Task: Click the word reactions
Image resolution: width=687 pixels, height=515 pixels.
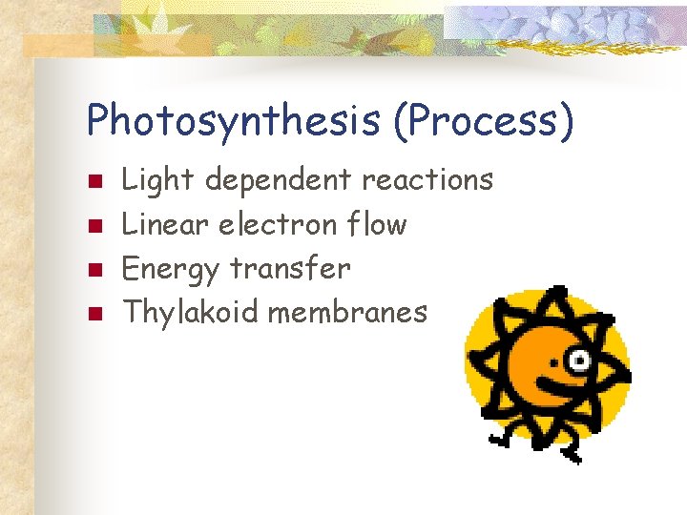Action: pyautogui.click(x=427, y=179)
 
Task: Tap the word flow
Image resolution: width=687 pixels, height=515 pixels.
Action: pyautogui.click(x=377, y=224)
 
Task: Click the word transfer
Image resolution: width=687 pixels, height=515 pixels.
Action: pyautogui.click(x=290, y=268)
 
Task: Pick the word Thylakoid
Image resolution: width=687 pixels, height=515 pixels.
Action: pyautogui.click(x=191, y=313)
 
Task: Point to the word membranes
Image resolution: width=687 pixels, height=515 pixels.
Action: pyautogui.click(x=347, y=312)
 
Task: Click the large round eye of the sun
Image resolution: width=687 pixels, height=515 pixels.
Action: pyautogui.click(x=579, y=359)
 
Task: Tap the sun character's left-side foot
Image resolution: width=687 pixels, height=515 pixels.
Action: pyautogui.click(x=498, y=439)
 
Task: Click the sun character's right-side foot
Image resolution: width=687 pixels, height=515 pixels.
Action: pyautogui.click(x=572, y=456)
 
